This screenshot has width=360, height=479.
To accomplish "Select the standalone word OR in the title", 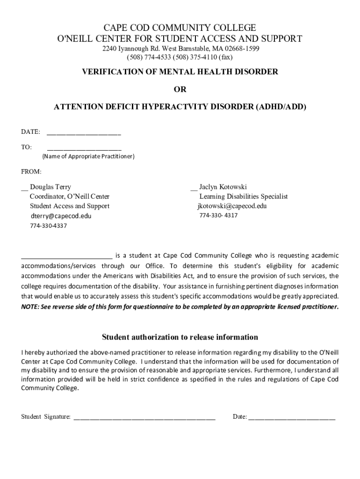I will pyautogui.click(x=180, y=89).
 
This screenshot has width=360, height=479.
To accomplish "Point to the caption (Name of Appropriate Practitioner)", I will pyautogui.click(x=88, y=156).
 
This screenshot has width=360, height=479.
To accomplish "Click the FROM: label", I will pyautogui.click(x=31, y=172).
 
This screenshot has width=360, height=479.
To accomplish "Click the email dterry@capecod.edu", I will pyautogui.click(x=61, y=216).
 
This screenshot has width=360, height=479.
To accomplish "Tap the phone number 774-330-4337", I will pyautogui.click(x=49, y=226).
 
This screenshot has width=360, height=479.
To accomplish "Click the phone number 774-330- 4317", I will pyautogui.click(x=218, y=216).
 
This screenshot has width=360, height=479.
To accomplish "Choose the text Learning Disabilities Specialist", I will pyautogui.click(x=244, y=196).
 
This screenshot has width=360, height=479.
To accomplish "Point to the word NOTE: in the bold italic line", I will pyautogui.click(x=30, y=307).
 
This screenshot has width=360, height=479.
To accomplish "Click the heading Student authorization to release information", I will pyautogui.click(x=180, y=337).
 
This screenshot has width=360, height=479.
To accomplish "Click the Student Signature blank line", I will pyautogui.click(x=144, y=417).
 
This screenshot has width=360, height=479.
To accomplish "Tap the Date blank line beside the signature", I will pyautogui.click(x=292, y=417).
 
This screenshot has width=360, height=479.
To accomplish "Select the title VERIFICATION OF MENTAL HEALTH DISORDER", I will pyautogui.click(x=180, y=72).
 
